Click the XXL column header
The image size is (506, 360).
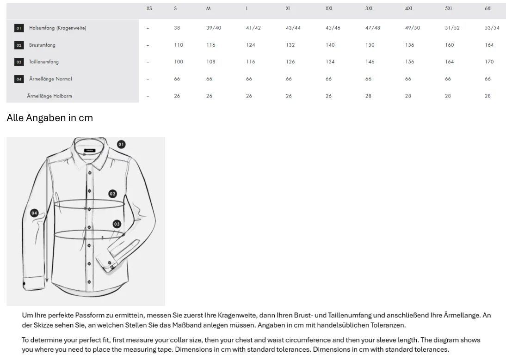pyautogui.click(x=329, y=9)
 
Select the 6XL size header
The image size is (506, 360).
pyautogui.click(x=488, y=9)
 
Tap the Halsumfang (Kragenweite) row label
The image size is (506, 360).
pyautogui.click(x=58, y=28)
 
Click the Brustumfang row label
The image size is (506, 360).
pyautogui.click(x=42, y=45)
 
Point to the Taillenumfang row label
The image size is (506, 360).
pyautogui.click(x=44, y=62)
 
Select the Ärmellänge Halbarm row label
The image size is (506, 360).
pyautogui.click(x=49, y=96)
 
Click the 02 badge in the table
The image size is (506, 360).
pyautogui.click(x=19, y=45)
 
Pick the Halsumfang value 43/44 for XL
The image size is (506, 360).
pyautogui.click(x=293, y=28)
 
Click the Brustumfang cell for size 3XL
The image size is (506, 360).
pyautogui.click(x=370, y=45)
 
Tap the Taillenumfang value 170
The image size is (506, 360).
pyautogui.click(x=489, y=62)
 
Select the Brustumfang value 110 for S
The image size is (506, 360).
pyautogui.click(x=179, y=45)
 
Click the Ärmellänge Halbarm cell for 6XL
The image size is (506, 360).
pyautogui.click(x=487, y=96)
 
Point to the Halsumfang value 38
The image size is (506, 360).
pyautogui.click(x=177, y=28)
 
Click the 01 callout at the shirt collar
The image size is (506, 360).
pyautogui.click(x=121, y=144)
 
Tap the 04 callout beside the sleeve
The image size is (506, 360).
pyautogui.click(x=34, y=213)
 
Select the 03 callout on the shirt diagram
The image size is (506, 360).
pyautogui.click(x=117, y=224)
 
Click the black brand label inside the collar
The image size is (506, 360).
pyautogui.click(x=90, y=150)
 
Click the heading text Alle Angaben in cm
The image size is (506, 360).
pyautogui.click(x=49, y=118)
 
